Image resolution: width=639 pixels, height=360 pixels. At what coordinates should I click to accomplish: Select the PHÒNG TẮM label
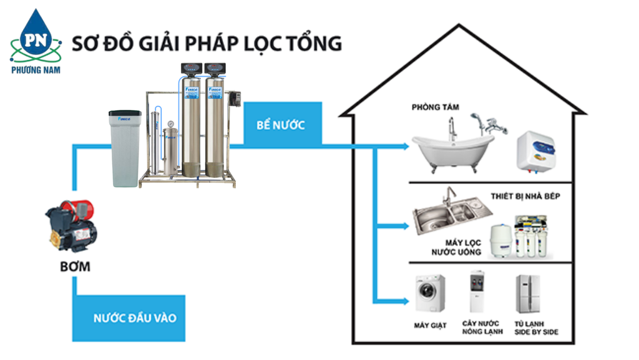[435, 107]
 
